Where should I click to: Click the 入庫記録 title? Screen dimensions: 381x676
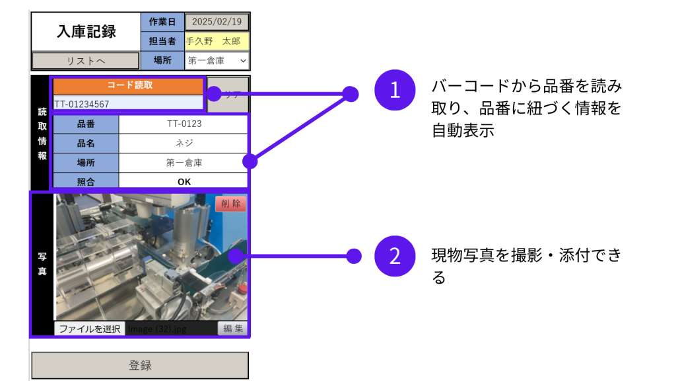coord(86,31)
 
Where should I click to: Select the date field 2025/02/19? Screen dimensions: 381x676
coord(217,22)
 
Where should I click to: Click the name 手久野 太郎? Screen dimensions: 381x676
coord(217,41)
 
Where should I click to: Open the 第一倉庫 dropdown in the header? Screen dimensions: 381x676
coord(217,61)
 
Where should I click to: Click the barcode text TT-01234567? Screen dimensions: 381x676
coord(129,103)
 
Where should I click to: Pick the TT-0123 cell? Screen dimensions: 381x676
coord(184,124)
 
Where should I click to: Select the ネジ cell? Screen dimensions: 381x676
coord(184,143)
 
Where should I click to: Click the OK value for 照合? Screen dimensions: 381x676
coord(184,181)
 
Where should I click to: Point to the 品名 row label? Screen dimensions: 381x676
coord(86,143)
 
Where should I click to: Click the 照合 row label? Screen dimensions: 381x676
coord(86,181)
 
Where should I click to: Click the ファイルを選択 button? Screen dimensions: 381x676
coord(89,329)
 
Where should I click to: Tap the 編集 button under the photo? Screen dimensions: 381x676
coord(232,329)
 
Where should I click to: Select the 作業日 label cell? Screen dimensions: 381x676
coord(162,22)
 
